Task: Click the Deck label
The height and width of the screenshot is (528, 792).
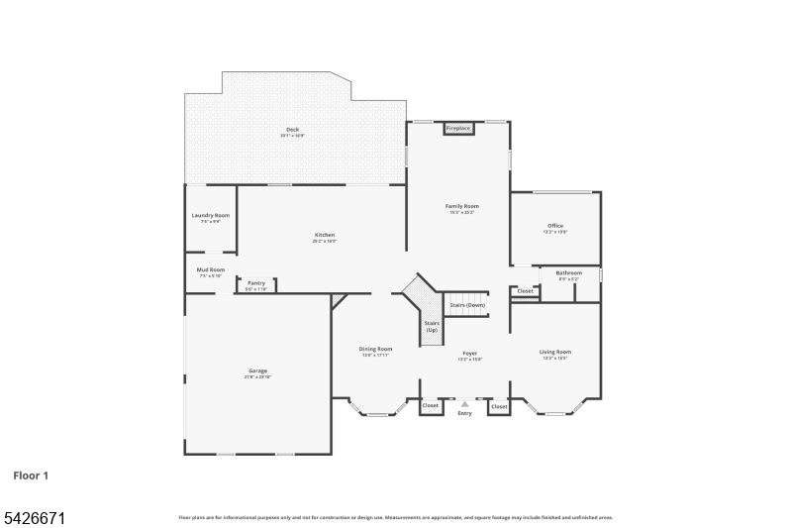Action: pos(292,130)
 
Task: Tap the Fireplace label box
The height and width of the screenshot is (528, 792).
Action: pos(458,128)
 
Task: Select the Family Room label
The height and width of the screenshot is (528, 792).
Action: pos(461,206)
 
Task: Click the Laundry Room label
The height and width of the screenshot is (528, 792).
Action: pos(210,216)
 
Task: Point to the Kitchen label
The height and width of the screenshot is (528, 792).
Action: pos(325,236)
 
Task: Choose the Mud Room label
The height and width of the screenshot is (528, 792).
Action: pos(211,270)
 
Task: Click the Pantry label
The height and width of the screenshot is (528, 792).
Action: pos(256,283)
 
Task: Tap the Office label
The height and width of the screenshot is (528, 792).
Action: pos(555,227)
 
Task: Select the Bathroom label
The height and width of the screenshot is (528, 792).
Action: pos(568,273)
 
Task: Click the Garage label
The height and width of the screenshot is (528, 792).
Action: pos(256,371)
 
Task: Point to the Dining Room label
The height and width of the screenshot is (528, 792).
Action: pos(375,350)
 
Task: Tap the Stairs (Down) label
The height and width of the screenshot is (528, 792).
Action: pos(467,305)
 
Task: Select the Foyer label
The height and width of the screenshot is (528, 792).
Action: pos(469,354)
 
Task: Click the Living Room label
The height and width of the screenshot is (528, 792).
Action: pos(554,353)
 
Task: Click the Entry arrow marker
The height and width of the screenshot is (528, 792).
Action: pos(464,404)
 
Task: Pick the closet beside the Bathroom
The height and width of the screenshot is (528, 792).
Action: pos(525,291)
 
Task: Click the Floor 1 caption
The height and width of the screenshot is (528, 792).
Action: pos(31,475)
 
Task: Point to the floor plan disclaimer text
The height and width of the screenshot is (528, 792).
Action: pos(395,517)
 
